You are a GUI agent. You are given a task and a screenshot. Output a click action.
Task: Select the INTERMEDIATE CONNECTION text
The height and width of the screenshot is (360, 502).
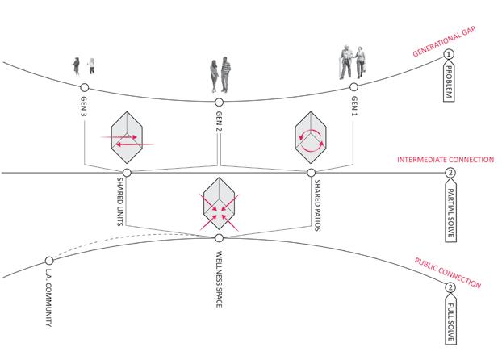tap(445, 160)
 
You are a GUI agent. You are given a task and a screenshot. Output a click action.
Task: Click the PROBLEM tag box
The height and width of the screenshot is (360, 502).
tap(451, 83)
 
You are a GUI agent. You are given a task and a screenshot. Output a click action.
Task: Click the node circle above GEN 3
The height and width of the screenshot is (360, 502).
tap(85, 86)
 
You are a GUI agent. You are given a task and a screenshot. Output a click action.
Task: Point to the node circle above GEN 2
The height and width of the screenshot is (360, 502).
tap(219, 102)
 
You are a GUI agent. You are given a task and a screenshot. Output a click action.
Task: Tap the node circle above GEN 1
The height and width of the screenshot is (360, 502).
tap(353, 86)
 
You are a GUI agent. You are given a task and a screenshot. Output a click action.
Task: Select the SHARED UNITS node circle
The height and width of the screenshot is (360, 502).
tap(127, 173)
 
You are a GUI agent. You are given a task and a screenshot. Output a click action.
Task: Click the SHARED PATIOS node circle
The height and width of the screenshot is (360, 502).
tap(312, 173)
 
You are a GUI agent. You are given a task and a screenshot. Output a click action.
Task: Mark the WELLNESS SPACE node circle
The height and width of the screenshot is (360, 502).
tap(219, 237)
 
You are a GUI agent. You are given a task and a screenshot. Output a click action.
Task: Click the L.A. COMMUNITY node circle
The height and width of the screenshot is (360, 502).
tap(49, 261)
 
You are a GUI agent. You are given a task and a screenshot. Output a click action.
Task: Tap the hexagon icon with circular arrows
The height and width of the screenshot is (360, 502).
tap(311, 137)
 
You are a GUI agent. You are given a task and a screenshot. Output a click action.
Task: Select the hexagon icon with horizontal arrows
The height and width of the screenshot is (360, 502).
tap(126, 137)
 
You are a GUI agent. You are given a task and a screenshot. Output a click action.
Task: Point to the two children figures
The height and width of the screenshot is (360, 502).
tap(84, 66)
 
